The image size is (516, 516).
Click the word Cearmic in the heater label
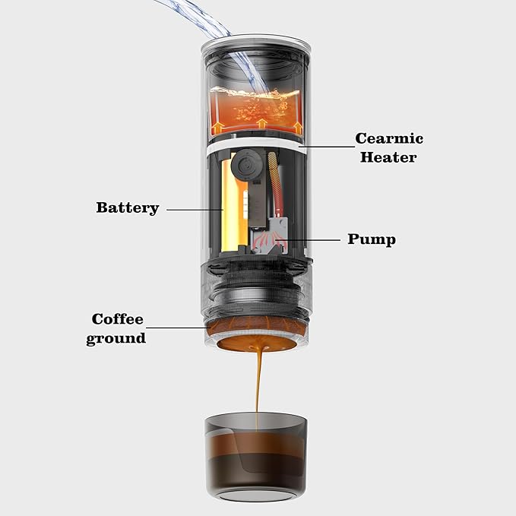click(389, 139)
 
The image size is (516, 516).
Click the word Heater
click(388, 157)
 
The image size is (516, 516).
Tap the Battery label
click(127, 207)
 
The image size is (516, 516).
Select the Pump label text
click(372, 239)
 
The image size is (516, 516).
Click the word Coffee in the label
click(118, 319)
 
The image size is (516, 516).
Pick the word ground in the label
click(116, 338)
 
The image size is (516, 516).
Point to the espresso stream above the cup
click(258, 380)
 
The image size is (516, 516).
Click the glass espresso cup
click(257, 456)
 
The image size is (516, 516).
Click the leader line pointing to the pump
click(312, 239)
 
